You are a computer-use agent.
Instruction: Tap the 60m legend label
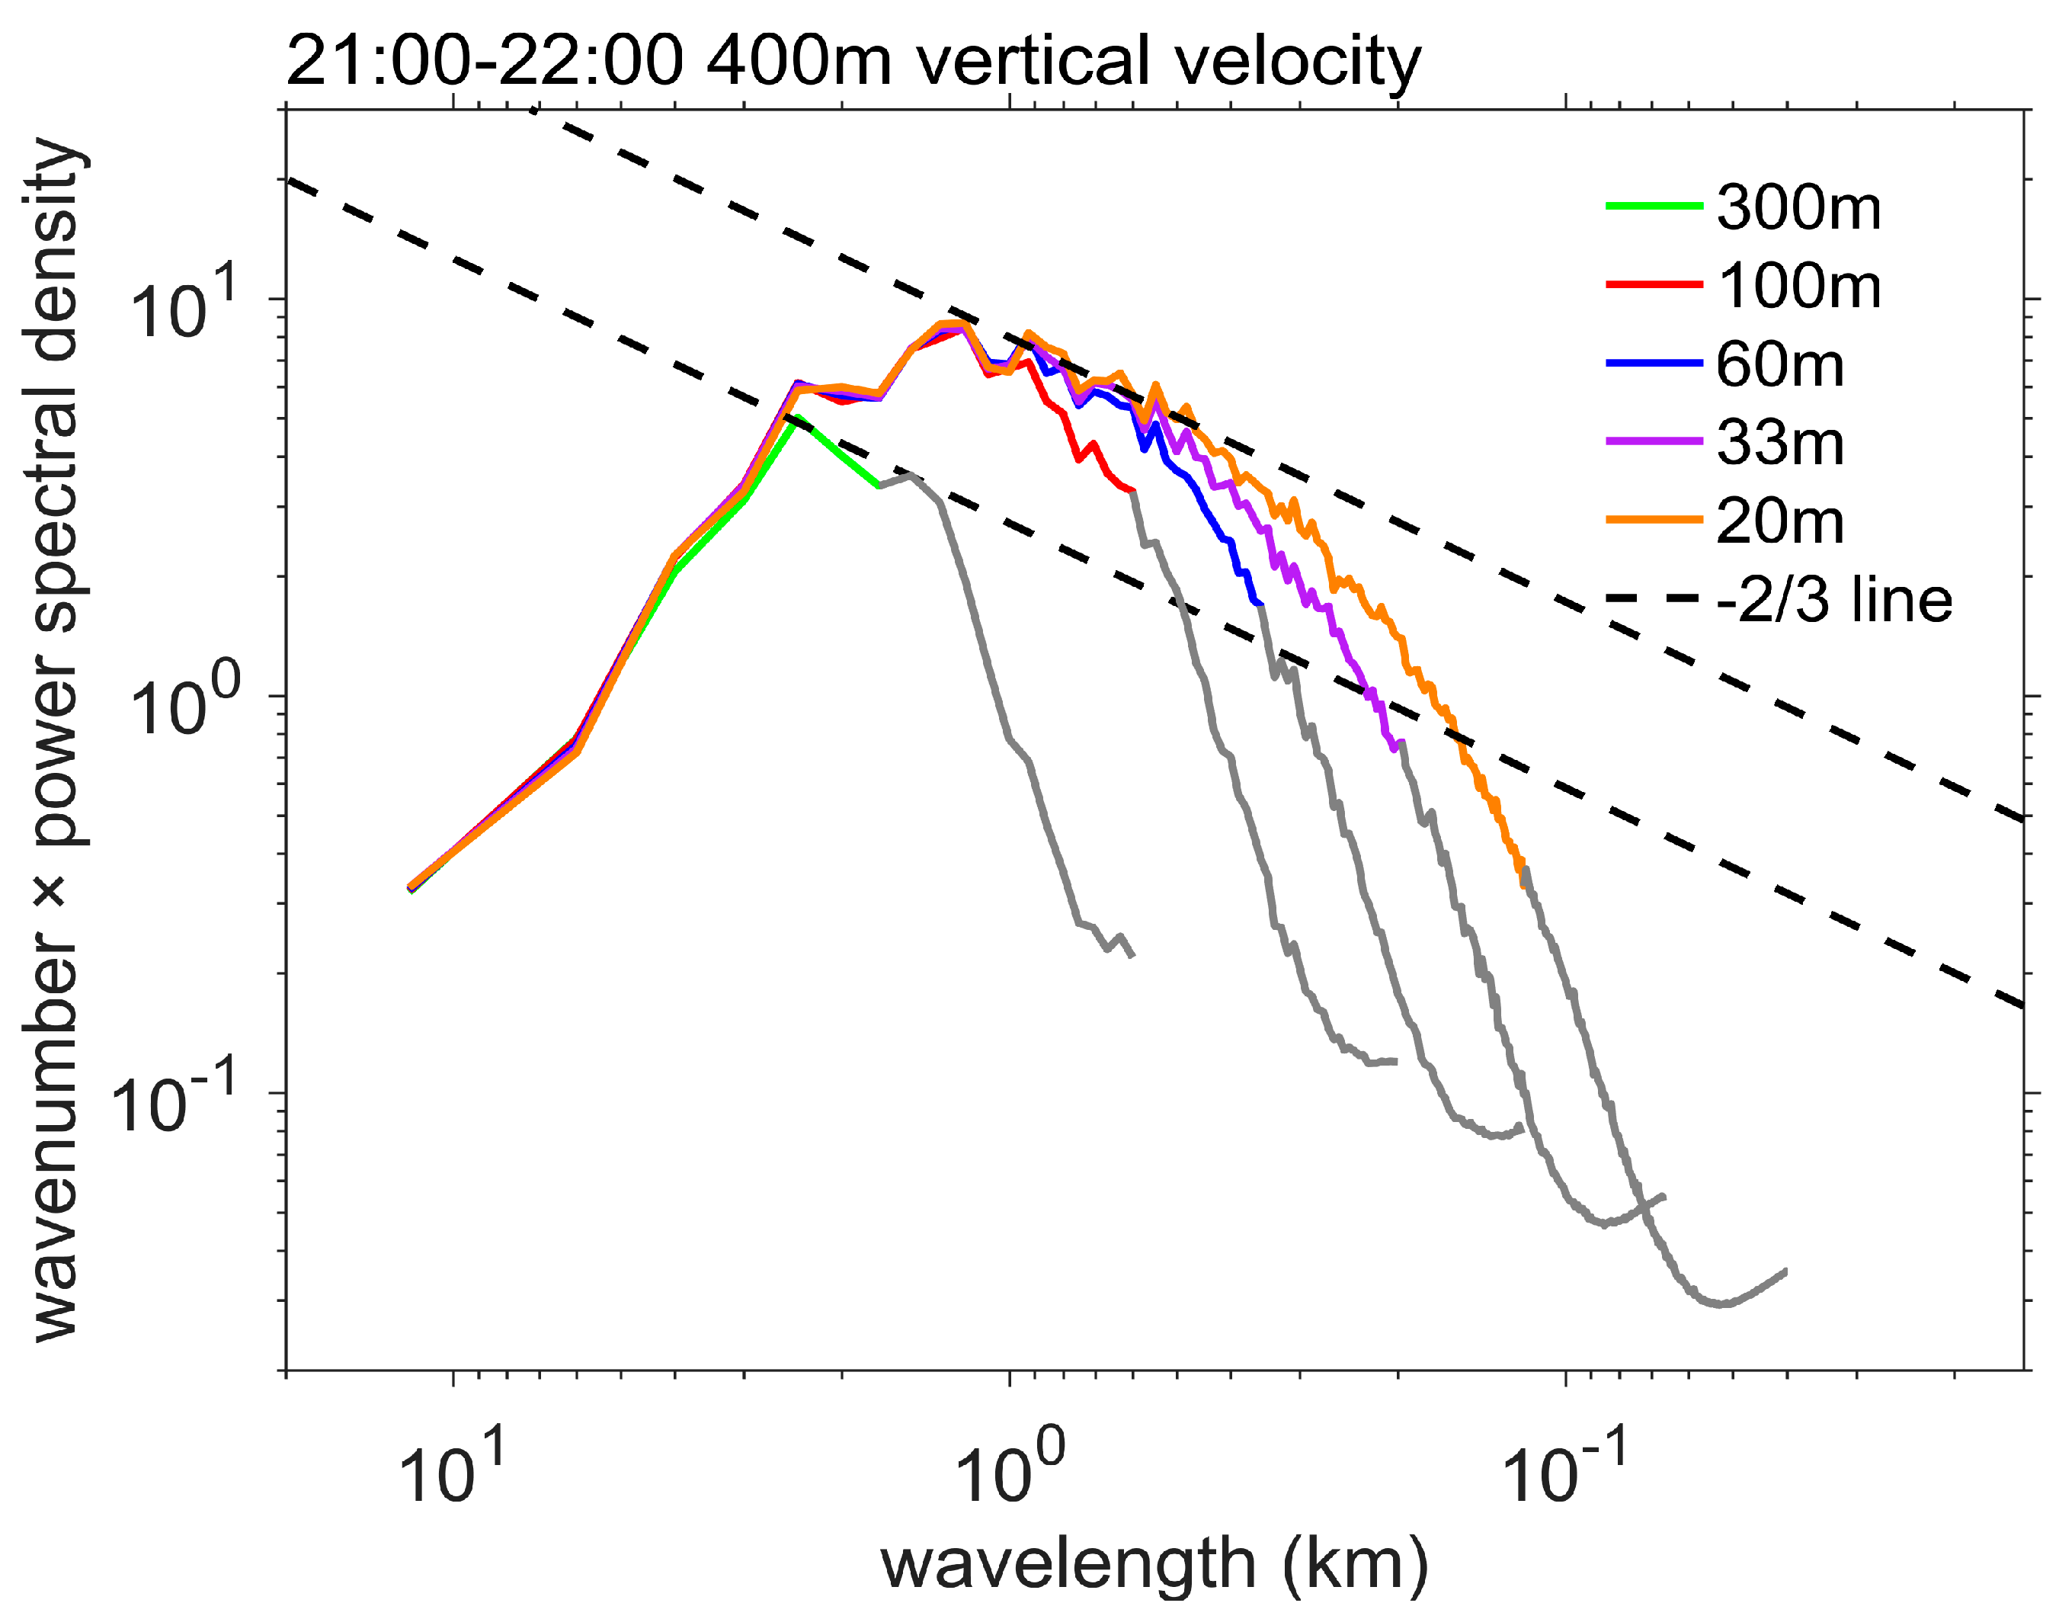1779,364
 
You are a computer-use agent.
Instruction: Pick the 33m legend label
1779,443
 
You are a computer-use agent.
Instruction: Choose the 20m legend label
1779,521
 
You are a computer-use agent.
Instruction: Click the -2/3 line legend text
1833,600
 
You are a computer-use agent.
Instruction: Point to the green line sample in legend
1654,206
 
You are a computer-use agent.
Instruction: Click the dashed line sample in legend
1654,598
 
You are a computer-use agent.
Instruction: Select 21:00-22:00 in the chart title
483,62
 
